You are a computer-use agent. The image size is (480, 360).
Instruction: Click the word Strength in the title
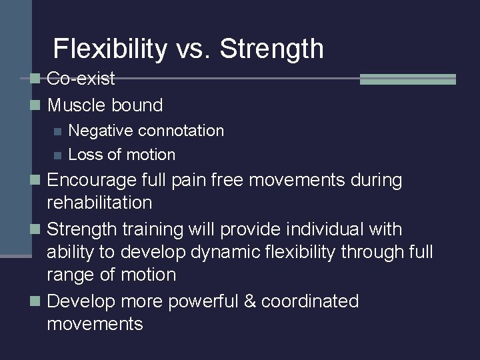[271, 49]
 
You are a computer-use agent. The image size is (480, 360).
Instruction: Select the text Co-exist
[81, 79]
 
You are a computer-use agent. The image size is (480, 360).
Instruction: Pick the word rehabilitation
[100, 201]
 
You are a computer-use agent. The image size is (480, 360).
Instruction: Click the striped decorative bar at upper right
[407, 79]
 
